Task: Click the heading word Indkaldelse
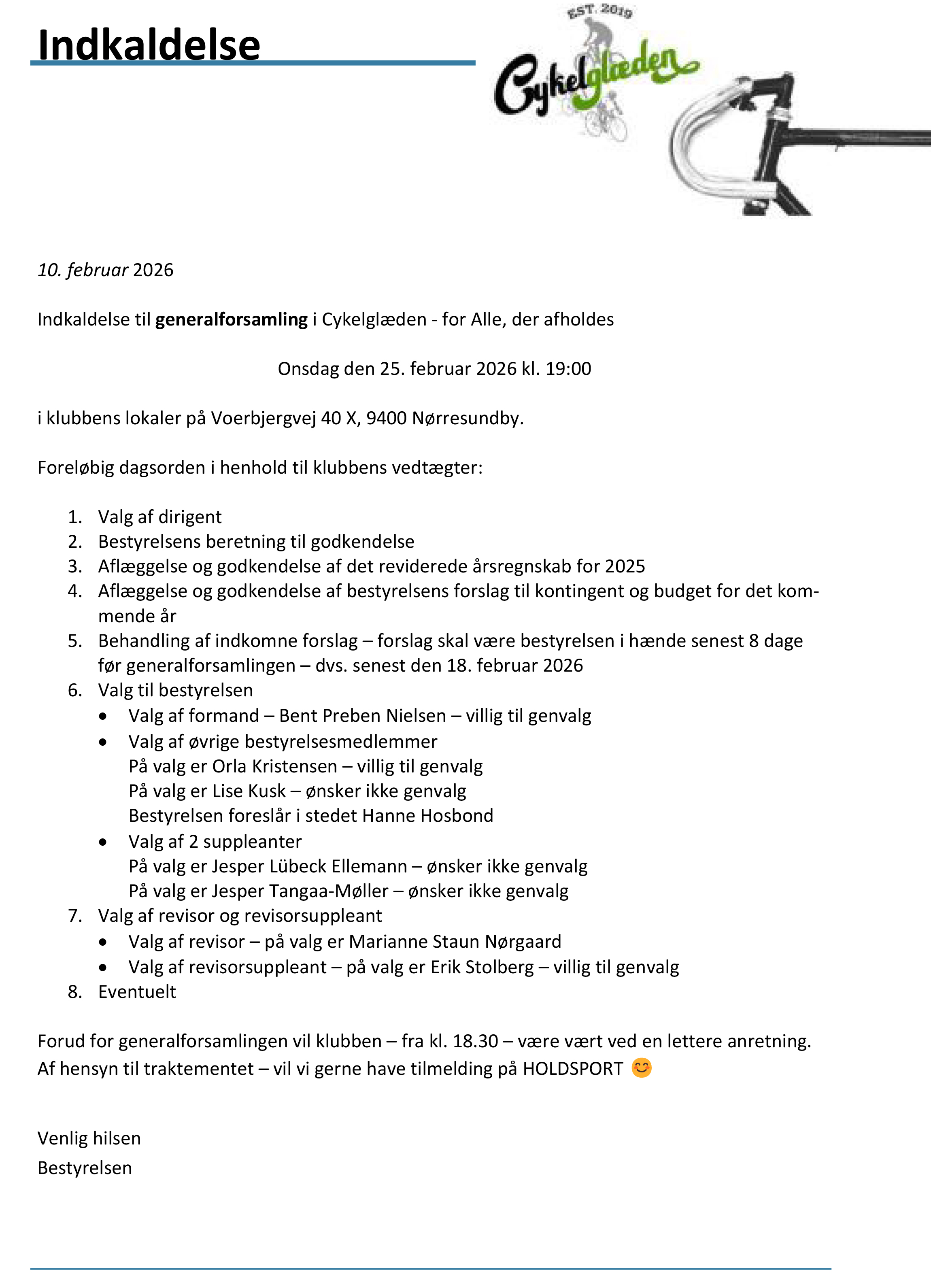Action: [149, 45]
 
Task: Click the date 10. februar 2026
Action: [105, 270]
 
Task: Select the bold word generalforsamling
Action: [231, 319]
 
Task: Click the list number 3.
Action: [74, 566]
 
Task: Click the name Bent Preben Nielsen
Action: [362, 716]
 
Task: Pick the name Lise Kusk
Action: [249, 791]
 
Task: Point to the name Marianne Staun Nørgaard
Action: [455, 942]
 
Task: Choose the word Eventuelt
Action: [137, 992]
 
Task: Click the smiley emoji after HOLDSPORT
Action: [641, 1068]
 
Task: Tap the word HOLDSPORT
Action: [573, 1069]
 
